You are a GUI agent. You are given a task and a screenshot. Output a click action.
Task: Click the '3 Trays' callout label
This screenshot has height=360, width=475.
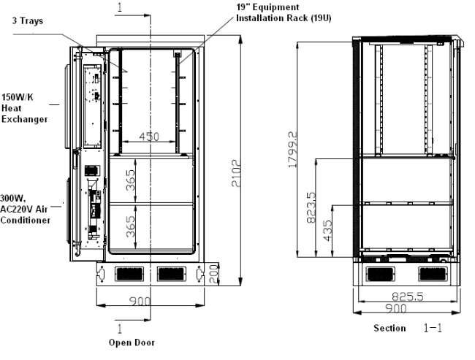click(x=28, y=21)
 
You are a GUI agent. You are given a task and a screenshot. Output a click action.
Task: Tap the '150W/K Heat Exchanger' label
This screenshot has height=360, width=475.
click(x=25, y=108)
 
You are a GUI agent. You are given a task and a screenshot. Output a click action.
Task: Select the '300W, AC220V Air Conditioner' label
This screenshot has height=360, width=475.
click(x=25, y=210)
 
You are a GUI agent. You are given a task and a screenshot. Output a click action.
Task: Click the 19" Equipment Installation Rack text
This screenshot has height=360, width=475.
click(x=284, y=12)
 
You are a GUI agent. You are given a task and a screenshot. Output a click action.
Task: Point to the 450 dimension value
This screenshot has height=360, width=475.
click(x=149, y=137)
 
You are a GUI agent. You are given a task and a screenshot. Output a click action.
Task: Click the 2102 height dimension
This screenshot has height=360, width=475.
click(x=236, y=173)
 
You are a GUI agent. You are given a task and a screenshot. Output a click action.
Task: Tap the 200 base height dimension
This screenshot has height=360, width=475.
click(x=214, y=274)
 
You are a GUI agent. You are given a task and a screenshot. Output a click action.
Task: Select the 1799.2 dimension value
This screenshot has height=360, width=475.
click(x=292, y=149)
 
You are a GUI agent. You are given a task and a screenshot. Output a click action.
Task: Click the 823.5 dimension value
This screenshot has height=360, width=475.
click(x=311, y=207)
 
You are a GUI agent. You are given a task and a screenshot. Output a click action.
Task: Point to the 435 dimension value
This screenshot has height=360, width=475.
click(x=328, y=231)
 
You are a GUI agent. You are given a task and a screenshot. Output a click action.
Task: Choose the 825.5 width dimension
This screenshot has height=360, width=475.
click(x=408, y=296)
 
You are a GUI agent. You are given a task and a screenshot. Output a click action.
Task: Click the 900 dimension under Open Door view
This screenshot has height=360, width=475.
click(x=140, y=302)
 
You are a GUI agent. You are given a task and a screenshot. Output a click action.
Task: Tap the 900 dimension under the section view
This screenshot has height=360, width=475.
click(x=396, y=309)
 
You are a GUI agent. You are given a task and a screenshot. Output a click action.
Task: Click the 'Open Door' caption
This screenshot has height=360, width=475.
click(x=132, y=342)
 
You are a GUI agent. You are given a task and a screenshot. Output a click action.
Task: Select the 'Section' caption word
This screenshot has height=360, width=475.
click(x=389, y=328)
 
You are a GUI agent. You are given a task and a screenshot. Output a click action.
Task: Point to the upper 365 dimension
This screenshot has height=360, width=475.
click(x=130, y=180)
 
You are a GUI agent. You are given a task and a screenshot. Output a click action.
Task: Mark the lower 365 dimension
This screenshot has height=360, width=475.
click(x=130, y=226)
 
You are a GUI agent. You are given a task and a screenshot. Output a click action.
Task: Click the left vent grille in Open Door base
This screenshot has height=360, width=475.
click(x=129, y=274)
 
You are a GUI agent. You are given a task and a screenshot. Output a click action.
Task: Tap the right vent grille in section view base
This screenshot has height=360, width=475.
click(x=433, y=274)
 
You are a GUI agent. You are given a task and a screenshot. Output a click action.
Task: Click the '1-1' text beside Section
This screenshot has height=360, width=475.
click(x=433, y=328)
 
